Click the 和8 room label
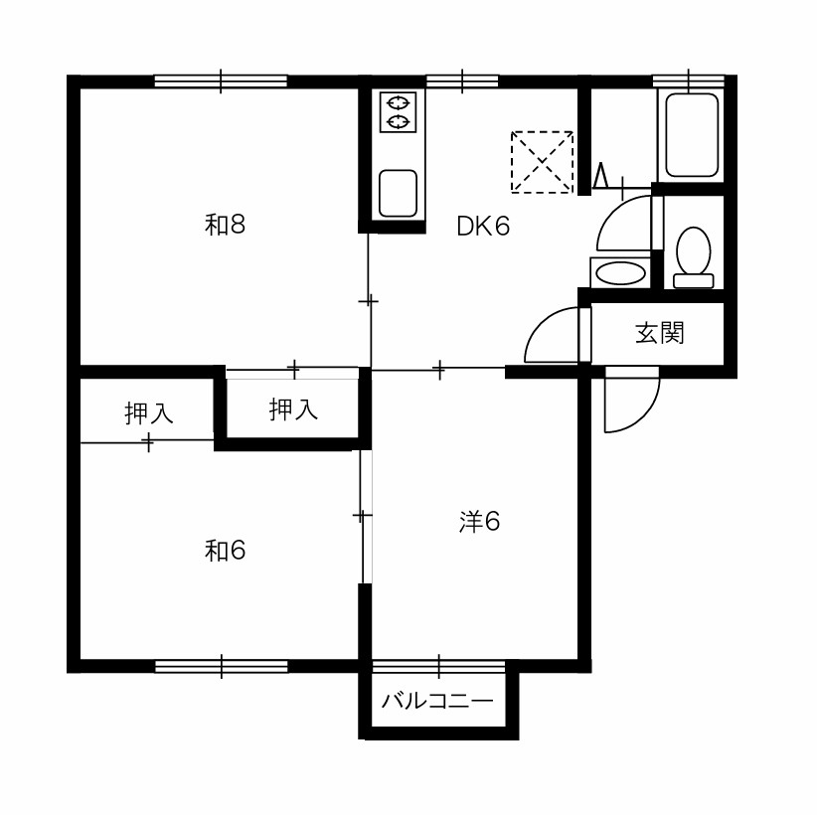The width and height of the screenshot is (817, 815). (x=225, y=225)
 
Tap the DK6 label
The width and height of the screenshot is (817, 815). (x=483, y=227)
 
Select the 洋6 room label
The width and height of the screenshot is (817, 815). (x=479, y=522)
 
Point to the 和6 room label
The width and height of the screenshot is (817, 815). (x=225, y=551)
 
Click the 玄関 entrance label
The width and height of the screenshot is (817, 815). (x=659, y=333)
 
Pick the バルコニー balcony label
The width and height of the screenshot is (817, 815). (x=436, y=701)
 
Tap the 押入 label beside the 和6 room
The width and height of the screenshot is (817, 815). (x=148, y=412)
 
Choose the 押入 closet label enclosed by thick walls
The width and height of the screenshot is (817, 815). (x=293, y=409)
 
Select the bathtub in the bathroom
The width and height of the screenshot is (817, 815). (x=692, y=135)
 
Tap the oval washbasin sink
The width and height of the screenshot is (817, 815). (x=620, y=273)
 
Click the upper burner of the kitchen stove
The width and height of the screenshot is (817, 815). (x=398, y=102)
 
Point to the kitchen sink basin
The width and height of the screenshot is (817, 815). (x=399, y=194)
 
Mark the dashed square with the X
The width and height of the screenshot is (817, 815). (x=542, y=162)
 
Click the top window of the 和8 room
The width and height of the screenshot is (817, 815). (x=221, y=81)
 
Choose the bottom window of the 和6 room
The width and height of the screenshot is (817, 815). (x=221, y=666)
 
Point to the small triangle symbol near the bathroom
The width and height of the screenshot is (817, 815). (x=601, y=176)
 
